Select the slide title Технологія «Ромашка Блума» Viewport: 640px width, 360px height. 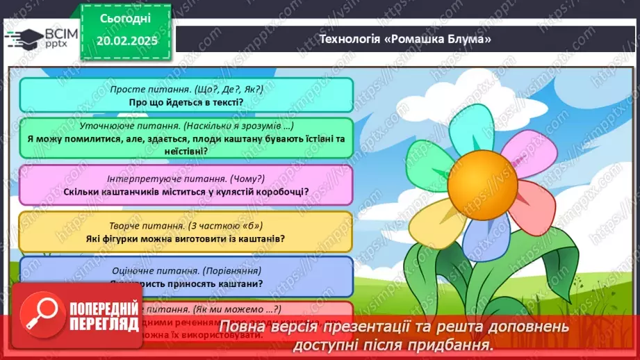coord(404,40)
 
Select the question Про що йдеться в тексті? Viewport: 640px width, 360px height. coord(186,102)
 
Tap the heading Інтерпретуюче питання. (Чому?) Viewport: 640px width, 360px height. coord(187,177)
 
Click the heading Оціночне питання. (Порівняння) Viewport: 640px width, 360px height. coord(186,270)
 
